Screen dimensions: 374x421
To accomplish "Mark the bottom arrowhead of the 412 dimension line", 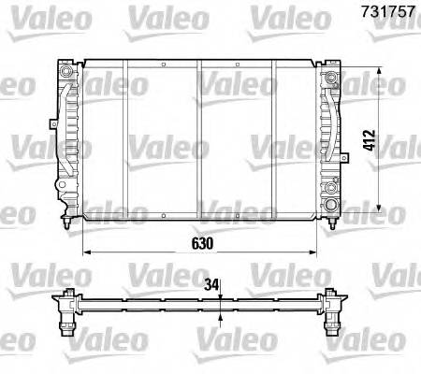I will coord(377,208).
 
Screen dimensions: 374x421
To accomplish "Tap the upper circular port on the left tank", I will coord(65,73).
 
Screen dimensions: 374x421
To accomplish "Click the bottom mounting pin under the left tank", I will coord(65,224).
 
